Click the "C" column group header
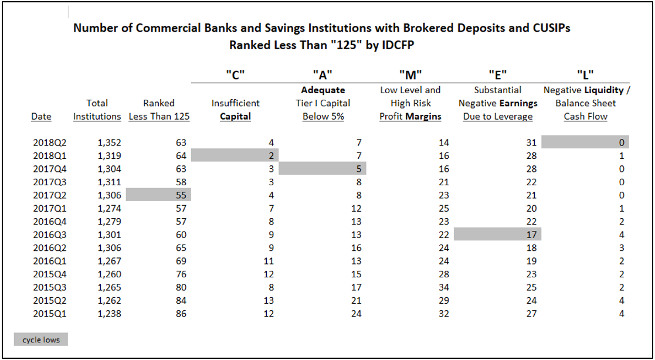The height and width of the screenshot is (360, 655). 235,76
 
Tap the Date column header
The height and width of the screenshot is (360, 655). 42,117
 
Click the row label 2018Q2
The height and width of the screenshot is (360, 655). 50,143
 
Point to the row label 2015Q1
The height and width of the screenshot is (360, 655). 50,313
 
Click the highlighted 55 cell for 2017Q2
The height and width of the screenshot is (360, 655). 158,195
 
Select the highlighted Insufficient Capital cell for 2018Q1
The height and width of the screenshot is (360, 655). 235,156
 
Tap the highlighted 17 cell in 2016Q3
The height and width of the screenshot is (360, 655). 497,235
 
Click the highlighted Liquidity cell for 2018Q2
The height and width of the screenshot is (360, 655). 585,142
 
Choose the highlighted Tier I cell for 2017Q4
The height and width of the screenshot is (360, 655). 323,169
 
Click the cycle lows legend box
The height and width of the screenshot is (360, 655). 41,339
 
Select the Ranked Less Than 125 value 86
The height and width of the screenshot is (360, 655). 180,313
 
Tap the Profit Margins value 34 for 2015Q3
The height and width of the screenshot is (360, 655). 444,287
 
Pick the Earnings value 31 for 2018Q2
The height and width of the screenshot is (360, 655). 531,143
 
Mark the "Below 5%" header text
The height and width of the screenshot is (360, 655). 323,117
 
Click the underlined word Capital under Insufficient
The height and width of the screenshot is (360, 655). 235,117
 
